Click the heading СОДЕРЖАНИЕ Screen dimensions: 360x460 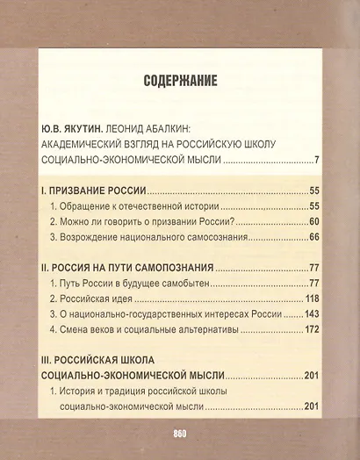pos(180,82)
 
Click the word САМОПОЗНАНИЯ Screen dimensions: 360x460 pos(169,267)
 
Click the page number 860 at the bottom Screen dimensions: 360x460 pos(180,435)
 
